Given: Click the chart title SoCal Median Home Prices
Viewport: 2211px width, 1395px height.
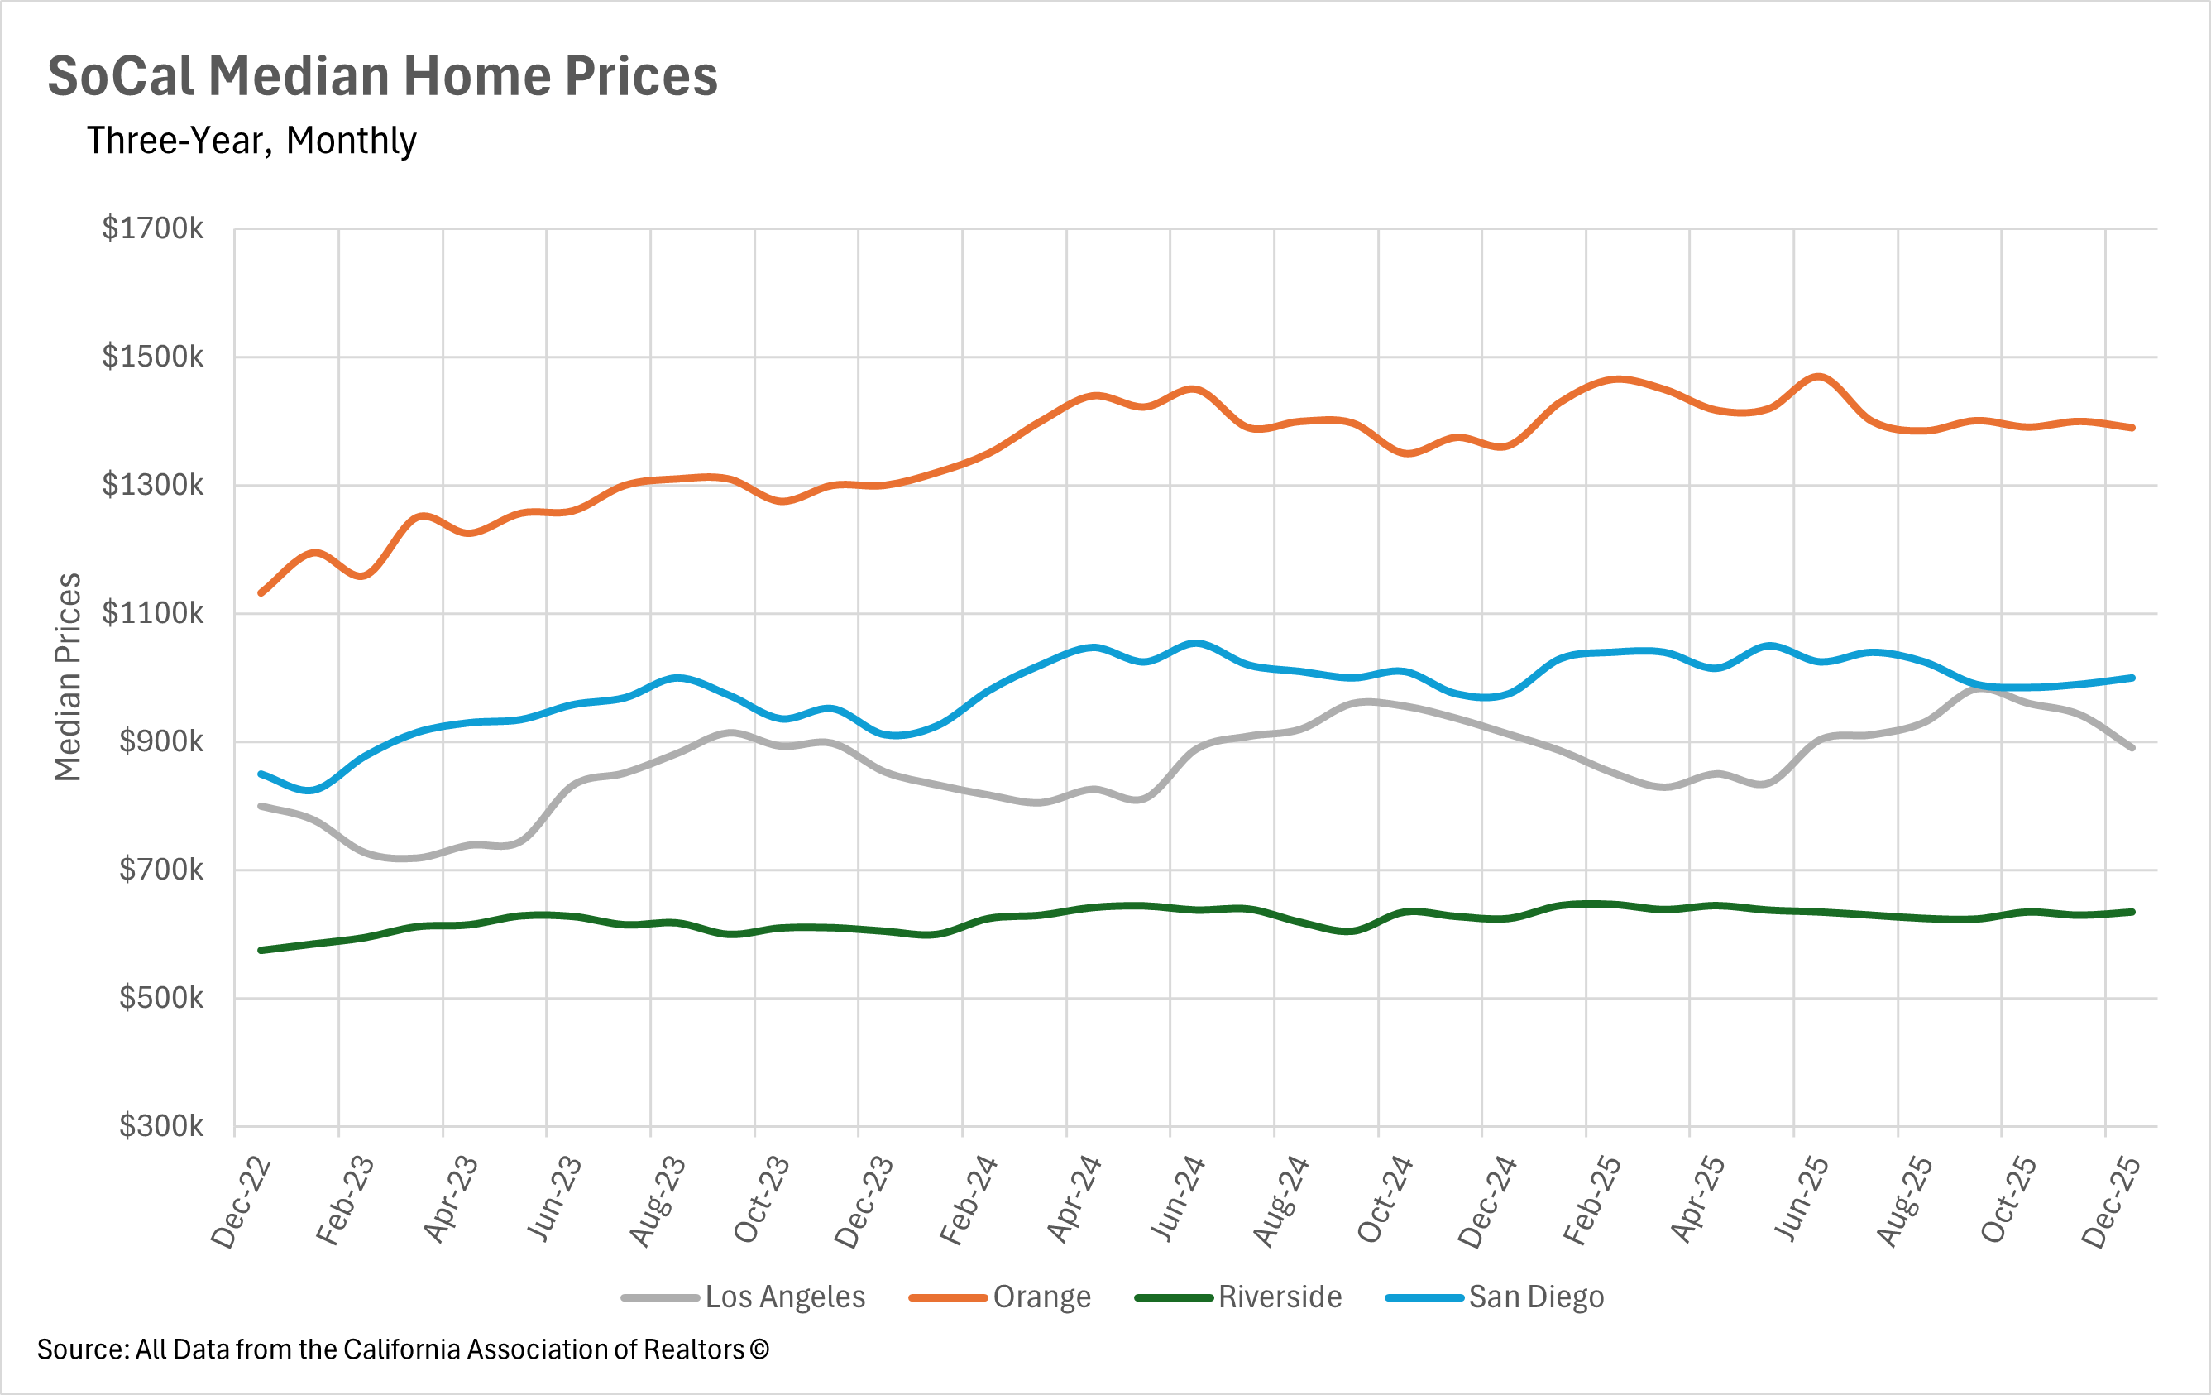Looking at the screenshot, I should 382,75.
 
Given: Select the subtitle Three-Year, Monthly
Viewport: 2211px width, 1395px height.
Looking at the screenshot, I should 251,141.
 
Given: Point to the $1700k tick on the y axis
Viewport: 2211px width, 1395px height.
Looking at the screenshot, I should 152,228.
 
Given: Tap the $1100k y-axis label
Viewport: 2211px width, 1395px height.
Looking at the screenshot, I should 152,613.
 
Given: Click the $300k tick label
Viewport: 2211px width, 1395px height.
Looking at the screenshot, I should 160,1126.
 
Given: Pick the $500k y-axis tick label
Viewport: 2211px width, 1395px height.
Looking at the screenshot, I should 160,999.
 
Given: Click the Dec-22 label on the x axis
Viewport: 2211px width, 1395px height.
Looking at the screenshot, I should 241,1203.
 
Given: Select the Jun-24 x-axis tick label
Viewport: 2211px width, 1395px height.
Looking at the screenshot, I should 1176,1201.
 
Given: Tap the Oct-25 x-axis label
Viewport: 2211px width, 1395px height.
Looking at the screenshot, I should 2008,1201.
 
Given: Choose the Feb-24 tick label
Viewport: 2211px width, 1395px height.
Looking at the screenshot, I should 968,1201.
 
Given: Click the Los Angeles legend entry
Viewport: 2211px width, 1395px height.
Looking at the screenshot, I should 744,1297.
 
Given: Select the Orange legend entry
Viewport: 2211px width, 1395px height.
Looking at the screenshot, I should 1000,1297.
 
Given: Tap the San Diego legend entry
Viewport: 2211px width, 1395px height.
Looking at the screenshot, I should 1495,1297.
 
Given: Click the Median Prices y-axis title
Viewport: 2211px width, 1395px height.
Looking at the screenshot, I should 68,678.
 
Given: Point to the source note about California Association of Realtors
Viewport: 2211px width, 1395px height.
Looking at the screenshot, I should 402,1349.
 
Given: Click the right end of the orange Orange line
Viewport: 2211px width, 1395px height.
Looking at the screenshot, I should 2132,427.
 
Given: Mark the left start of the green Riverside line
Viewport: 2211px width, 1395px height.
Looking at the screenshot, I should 261,950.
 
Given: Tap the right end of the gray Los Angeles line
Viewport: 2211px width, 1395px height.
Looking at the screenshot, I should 2132,747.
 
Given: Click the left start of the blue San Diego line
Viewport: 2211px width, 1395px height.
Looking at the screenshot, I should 261,774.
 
